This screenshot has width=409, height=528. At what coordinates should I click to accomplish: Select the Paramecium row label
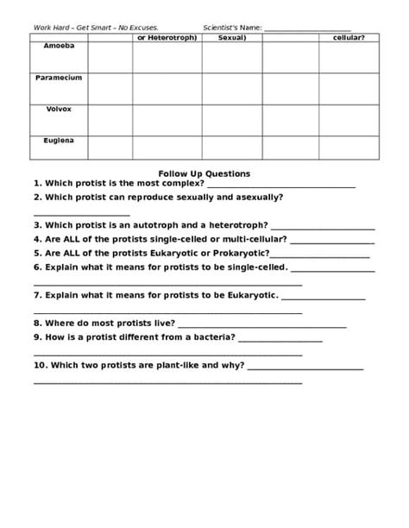pos(58,78)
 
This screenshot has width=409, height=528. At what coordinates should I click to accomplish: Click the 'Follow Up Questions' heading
pos(204,173)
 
